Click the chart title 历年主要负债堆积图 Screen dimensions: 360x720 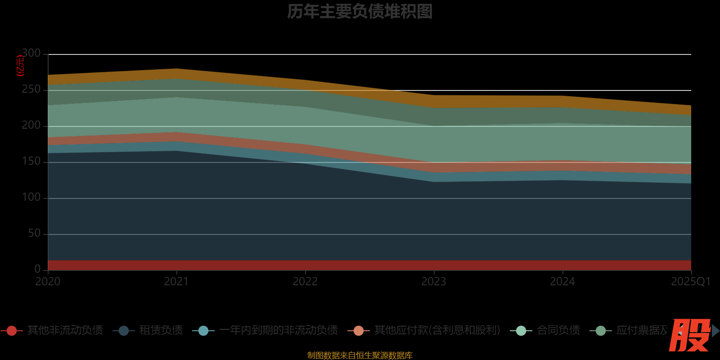[360, 12]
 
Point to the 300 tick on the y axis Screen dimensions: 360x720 [31, 54]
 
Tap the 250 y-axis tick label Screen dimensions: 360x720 [31, 90]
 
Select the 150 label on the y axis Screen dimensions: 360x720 [31, 162]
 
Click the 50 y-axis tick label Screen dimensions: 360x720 [34, 234]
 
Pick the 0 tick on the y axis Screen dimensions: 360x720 [37, 269]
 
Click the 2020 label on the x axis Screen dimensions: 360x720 [48, 282]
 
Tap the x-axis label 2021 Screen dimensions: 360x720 [176, 282]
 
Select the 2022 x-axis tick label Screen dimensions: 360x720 [305, 282]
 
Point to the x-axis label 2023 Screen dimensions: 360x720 [434, 282]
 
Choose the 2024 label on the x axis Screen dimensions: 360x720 [562, 282]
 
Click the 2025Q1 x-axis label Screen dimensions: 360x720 [690, 282]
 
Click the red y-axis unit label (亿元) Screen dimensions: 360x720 [20, 66]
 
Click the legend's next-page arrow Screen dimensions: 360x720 [715, 331]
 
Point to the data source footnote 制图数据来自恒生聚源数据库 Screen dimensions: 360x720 [360, 355]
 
